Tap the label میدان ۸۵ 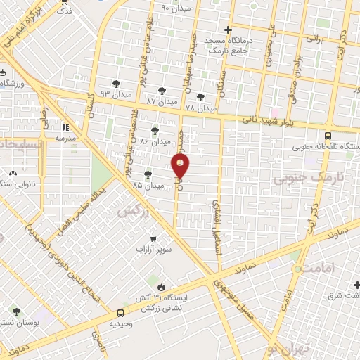pyautogui.click(x=148, y=186)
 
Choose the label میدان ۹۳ pyautogui.click(x=116, y=94)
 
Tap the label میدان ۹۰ pyautogui.click(x=176, y=8)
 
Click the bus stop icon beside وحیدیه pyautogui.click(x=121, y=312)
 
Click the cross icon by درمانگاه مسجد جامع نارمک pyautogui.click(x=227, y=30)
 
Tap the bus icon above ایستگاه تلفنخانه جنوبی pyautogui.click(x=328, y=136)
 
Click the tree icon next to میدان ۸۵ pyautogui.click(x=148, y=174)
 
